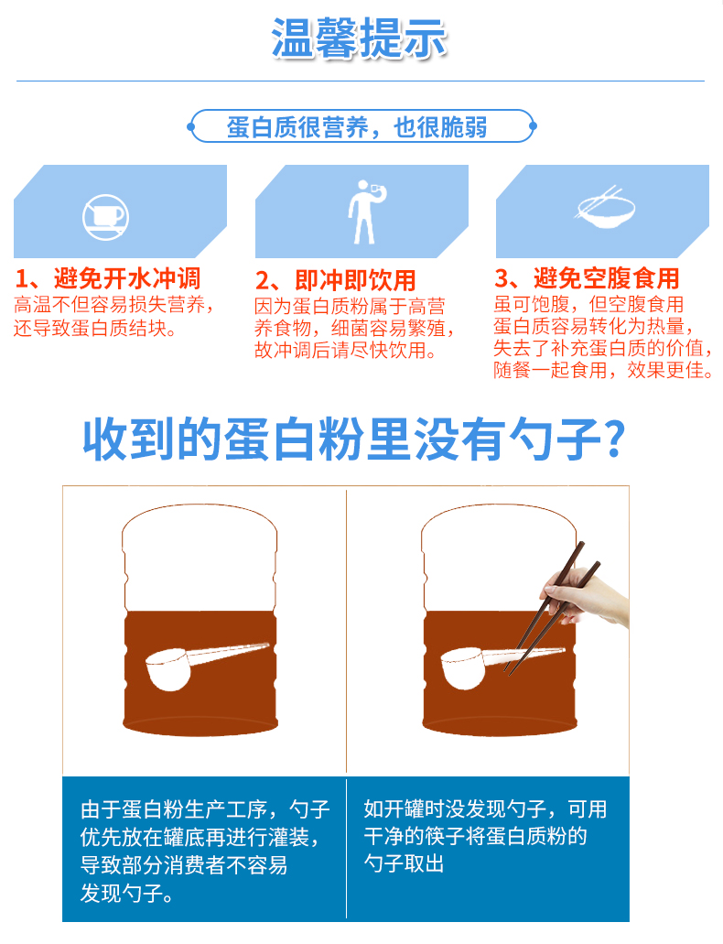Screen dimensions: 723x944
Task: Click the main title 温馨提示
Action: click(x=359, y=38)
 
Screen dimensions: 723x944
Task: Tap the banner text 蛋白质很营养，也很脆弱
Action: click(x=357, y=127)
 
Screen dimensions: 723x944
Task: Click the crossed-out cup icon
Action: click(x=105, y=217)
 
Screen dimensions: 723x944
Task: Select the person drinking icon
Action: click(x=365, y=212)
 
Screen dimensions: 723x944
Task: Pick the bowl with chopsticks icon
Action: click(x=605, y=208)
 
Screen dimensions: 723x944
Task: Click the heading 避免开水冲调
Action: click(x=127, y=278)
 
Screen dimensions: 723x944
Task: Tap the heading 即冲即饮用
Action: click(x=355, y=280)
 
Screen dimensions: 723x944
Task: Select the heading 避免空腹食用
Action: click(x=606, y=278)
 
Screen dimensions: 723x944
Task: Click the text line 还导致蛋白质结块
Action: click(x=95, y=328)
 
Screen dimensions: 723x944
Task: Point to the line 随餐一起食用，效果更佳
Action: click(x=603, y=370)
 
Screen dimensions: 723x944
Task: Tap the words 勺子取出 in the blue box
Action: click(x=404, y=863)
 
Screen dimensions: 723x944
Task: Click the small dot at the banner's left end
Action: click(x=191, y=126)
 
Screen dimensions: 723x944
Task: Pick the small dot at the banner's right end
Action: click(x=533, y=126)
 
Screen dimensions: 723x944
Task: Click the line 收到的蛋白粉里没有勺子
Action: click(x=342, y=439)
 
